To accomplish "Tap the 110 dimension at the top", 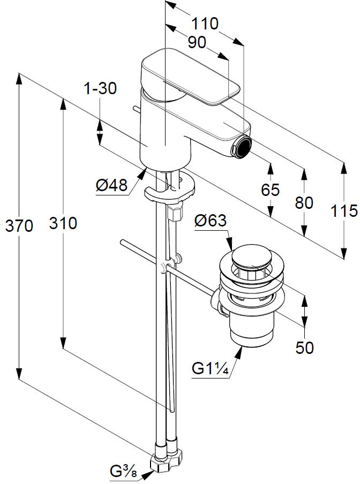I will (x=205, y=24).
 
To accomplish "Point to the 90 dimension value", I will (x=197, y=42).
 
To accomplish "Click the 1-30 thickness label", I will (x=100, y=89).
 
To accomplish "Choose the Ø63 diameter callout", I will (x=211, y=221).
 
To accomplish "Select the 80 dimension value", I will (x=304, y=202).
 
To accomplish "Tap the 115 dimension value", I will (x=343, y=211).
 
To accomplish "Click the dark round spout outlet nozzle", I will (x=244, y=146).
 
